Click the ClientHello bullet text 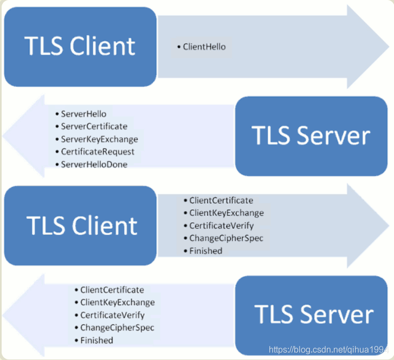pos(204,47)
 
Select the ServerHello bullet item pos(83,114)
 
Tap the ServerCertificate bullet pos(94,127)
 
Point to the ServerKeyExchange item pos(99,139)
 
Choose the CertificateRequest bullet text pos(98,152)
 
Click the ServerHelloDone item pos(94,164)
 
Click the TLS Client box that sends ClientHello pos(80,47)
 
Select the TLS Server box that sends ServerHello pos(311,135)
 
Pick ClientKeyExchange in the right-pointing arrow pos(227,213)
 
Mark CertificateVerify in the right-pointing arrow pos(221,226)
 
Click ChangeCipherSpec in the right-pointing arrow pos(226,238)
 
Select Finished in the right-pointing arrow pos(205,251)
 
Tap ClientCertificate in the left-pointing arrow pos(112,290)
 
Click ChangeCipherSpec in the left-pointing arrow pos(117,328)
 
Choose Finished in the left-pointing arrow pos(96,340)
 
